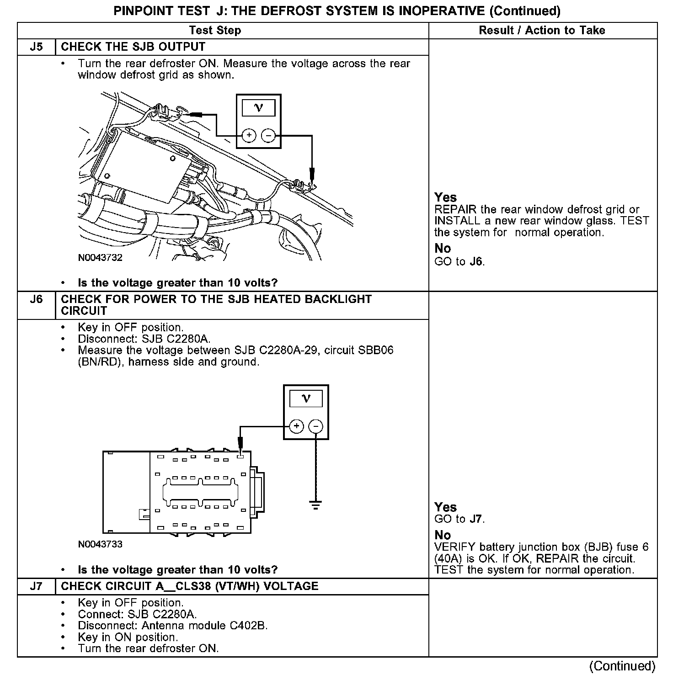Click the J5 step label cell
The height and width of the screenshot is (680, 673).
point(36,47)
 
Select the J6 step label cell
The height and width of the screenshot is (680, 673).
point(36,299)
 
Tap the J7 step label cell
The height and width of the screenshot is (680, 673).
point(36,586)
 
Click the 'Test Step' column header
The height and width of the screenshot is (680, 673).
point(215,31)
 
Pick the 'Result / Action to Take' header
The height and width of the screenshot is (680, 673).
point(542,31)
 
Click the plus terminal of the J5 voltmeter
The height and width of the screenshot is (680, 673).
point(249,135)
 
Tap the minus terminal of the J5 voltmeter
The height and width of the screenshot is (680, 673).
point(268,135)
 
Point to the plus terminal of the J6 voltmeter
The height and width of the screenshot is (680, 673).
point(297,426)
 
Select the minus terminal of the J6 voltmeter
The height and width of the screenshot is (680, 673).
point(316,426)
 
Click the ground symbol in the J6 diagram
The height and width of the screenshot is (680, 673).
point(315,505)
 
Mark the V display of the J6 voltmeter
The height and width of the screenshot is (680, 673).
point(306,398)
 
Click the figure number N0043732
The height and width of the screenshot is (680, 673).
point(100,258)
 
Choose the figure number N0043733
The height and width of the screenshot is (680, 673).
point(100,544)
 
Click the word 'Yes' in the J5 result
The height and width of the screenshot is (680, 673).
point(445,197)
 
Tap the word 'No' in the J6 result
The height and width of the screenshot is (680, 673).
point(443,535)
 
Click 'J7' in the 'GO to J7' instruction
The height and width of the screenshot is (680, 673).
point(476,519)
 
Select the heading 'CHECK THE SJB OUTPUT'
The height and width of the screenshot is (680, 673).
point(133,47)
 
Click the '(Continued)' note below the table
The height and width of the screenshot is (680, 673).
point(623,666)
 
